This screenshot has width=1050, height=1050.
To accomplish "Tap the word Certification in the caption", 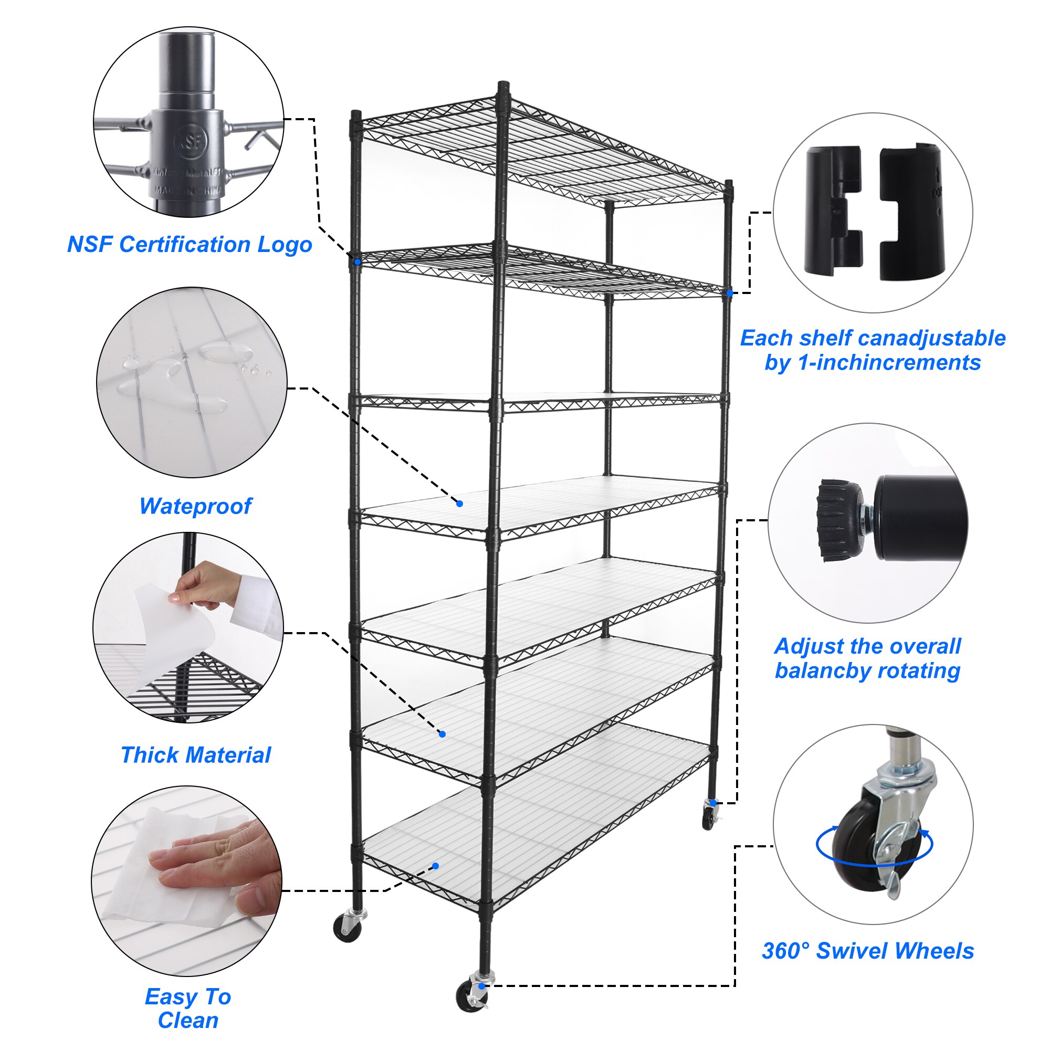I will click(185, 245).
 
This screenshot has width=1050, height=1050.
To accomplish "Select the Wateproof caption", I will click(195, 506).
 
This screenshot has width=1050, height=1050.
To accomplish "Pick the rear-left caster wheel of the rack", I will click(346, 930).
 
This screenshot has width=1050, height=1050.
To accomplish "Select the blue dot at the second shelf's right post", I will click(730, 293).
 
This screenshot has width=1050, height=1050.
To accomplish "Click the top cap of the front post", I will click(503, 87).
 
